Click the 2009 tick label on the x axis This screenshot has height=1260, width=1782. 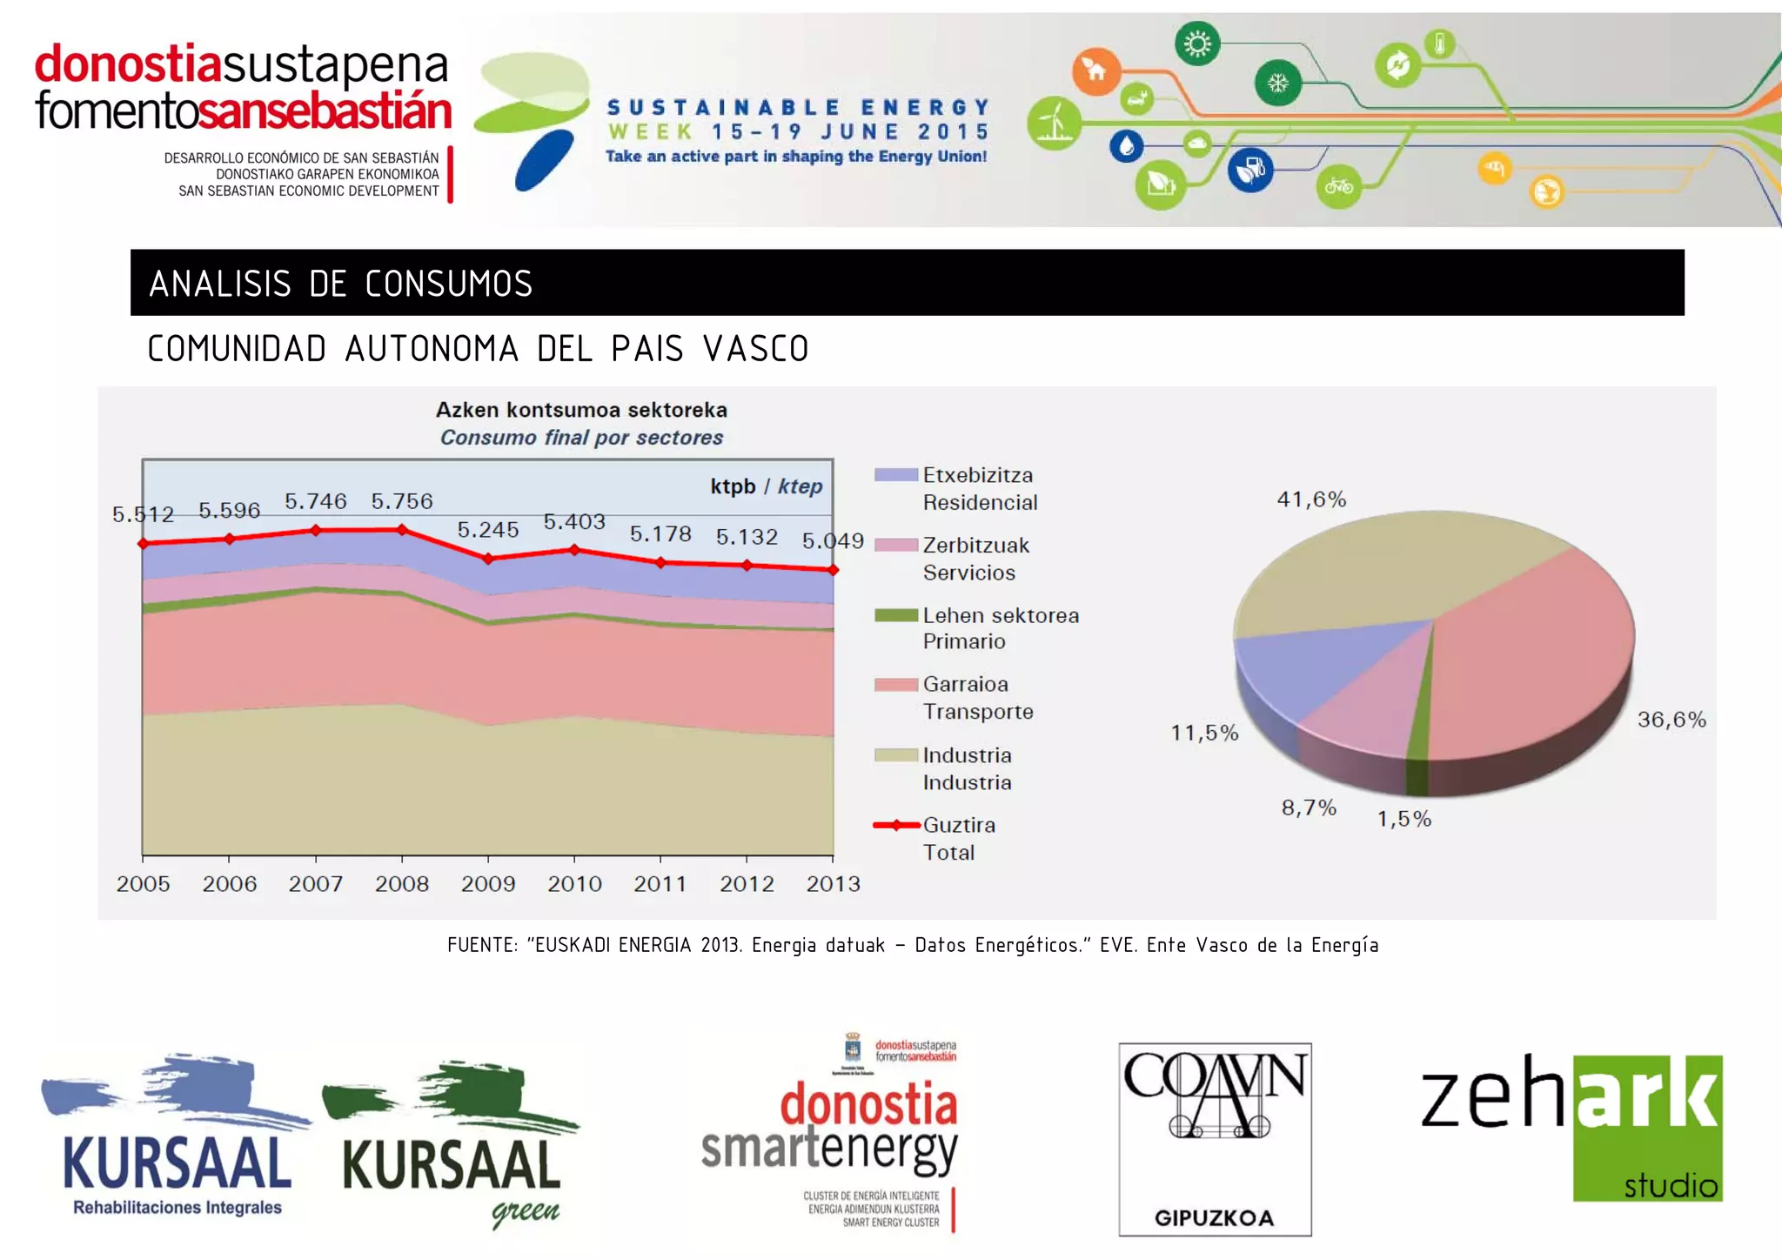click(x=487, y=884)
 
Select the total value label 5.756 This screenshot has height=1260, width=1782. click(x=401, y=501)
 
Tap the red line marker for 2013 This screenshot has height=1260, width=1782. click(x=833, y=570)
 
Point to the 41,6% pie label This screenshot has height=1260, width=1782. click(x=1311, y=499)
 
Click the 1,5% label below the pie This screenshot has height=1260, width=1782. click(x=1403, y=819)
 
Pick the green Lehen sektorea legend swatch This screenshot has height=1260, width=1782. click(x=895, y=616)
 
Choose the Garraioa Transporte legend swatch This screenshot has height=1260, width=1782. click(x=895, y=685)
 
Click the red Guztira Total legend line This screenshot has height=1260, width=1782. click(x=895, y=825)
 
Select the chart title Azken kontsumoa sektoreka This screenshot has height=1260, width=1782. click(x=581, y=410)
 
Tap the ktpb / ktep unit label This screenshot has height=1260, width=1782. click(x=766, y=486)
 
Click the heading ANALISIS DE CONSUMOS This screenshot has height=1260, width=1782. click(x=340, y=284)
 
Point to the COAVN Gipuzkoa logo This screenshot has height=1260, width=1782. click(x=1215, y=1139)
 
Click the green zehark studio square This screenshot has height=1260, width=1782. click(x=1647, y=1128)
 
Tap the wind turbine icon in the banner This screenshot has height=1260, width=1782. click(x=1054, y=123)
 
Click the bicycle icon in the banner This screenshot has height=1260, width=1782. click(x=1338, y=186)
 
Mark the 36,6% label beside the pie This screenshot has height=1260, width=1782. click(x=1671, y=720)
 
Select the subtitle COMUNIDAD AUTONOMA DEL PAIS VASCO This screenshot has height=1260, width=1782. click(x=478, y=349)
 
